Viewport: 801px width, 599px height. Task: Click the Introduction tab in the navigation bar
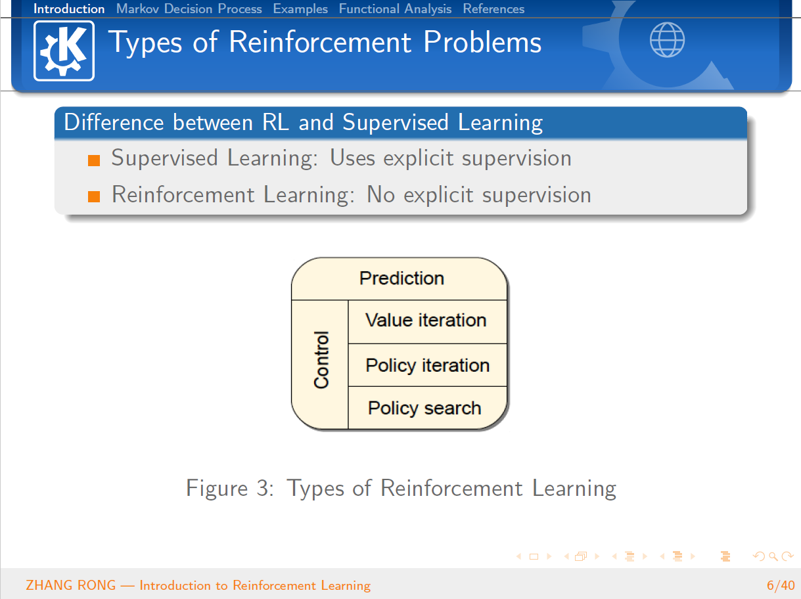point(69,9)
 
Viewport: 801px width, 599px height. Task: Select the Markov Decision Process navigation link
point(189,9)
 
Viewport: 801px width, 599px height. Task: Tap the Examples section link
point(300,9)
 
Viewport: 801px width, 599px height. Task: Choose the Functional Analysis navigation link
point(395,9)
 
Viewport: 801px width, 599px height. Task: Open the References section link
point(493,9)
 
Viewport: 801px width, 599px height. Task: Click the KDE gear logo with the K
point(64,51)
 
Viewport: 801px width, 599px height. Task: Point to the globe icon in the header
point(667,40)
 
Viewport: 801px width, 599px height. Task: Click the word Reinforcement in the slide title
point(320,42)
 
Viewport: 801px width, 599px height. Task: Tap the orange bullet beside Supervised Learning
point(94,160)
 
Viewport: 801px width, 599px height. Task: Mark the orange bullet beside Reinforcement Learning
point(94,196)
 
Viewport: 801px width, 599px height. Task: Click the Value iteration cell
point(427,322)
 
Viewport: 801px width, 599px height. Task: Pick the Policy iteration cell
point(427,365)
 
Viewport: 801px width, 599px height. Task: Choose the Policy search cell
point(427,408)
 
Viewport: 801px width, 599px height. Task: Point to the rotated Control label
point(321,360)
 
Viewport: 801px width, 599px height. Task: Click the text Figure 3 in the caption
point(230,489)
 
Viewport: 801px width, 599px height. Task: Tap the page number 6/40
point(781,585)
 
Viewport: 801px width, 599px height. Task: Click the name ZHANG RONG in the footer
point(71,585)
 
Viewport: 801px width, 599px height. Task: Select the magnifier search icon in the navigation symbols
point(773,557)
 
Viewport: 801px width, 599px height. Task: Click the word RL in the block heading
point(275,122)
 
